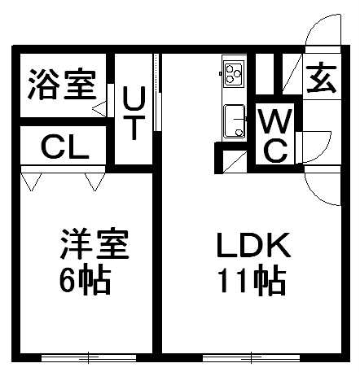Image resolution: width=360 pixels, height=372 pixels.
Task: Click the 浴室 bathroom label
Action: point(63,85)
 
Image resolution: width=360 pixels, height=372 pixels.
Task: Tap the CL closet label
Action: point(65,147)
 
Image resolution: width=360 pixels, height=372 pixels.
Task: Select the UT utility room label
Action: point(134,113)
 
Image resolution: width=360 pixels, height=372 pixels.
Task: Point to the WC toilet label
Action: point(275,135)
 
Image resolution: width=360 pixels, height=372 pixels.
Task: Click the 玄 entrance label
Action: point(322,78)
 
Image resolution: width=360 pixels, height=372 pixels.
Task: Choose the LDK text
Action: point(253,245)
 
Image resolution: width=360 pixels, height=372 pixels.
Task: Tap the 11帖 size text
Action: point(252,281)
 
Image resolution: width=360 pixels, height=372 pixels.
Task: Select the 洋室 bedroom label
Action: point(94,244)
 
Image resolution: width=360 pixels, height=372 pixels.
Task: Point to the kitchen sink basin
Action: point(235,121)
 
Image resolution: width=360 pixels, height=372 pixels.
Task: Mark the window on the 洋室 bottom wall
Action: point(89,357)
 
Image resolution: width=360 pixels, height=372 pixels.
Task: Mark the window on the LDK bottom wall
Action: point(252,357)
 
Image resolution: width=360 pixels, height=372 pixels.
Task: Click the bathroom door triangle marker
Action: point(99,109)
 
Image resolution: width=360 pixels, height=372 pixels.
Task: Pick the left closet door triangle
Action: point(31,182)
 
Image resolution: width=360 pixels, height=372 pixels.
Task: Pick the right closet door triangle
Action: point(94,182)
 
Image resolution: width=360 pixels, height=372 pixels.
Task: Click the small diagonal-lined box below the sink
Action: point(235,161)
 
